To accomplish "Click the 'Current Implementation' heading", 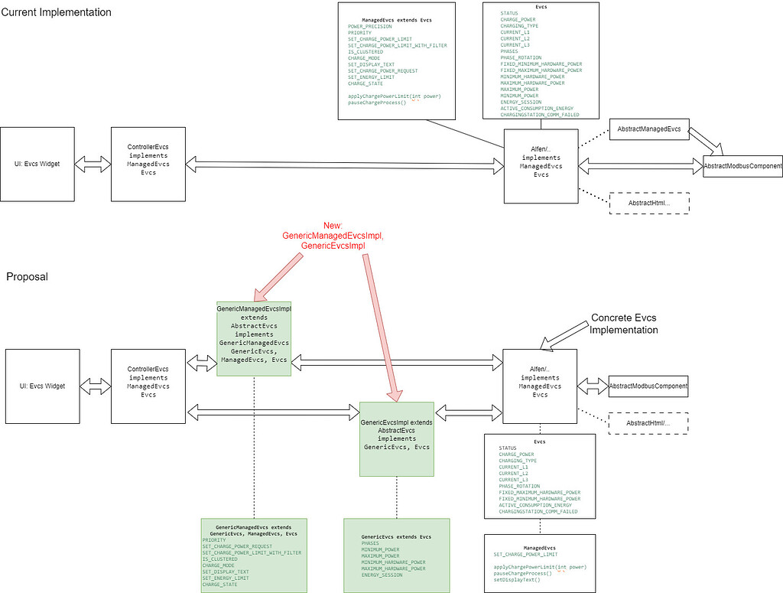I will (56, 13).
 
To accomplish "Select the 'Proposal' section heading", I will (27, 276).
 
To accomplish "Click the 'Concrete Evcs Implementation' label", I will (623, 324).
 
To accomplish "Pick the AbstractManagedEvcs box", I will (648, 129).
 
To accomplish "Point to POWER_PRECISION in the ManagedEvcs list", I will (369, 26).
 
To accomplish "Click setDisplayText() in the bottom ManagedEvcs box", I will (517, 579).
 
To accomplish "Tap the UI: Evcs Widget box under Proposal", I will (42, 386).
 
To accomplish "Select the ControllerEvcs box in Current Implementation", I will (148, 165).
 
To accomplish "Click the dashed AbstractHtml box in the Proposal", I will (648, 423).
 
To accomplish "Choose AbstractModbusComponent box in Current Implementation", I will (742, 166).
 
